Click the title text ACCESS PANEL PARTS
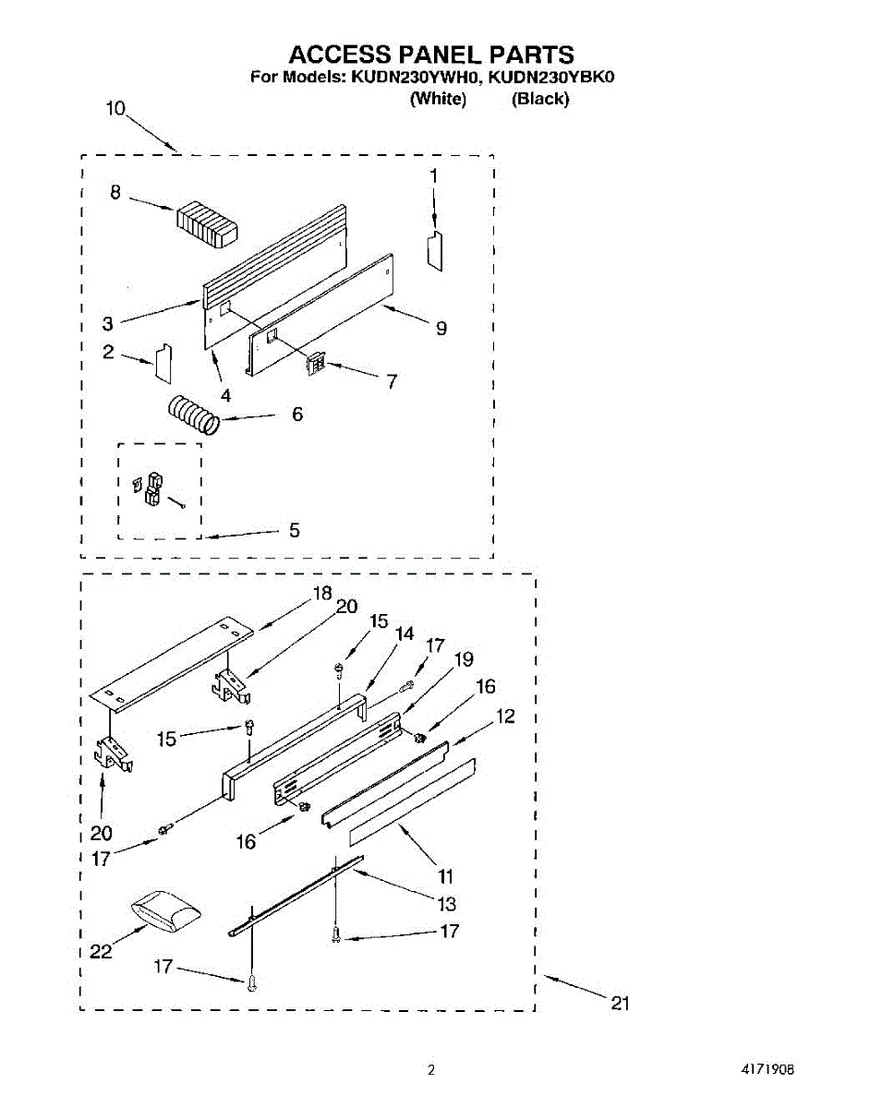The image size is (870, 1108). (433, 54)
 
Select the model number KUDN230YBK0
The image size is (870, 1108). (551, 77)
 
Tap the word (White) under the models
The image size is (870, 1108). (437, 99)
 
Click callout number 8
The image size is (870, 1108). (115, 193)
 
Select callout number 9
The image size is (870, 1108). (441, 328)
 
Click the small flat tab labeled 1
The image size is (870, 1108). (434, 250)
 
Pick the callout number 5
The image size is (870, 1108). (294, 530)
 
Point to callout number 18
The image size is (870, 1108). (321, 594)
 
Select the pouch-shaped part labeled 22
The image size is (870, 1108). (164, 909)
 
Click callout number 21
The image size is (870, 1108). (620, 1003)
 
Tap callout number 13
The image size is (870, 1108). (446, 903)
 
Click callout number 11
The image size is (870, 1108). (445, 875)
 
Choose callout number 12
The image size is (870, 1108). (505, 716)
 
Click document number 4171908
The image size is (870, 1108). (767, 1070)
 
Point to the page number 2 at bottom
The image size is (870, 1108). (430, 1070)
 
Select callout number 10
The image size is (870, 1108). (115, 108)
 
